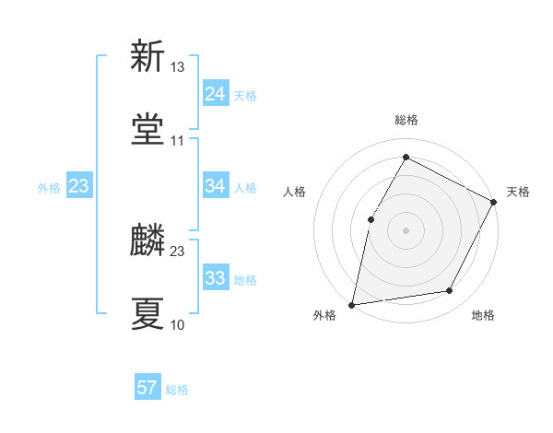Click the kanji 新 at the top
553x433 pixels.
coord(147,57)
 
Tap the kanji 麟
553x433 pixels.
coord(147,241)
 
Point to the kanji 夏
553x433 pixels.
coord(147,313)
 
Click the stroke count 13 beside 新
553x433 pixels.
coord(178,68)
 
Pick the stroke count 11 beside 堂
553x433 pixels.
coord(178,141)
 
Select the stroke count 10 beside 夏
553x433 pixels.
coord(178,324)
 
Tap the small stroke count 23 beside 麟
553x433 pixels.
coord(178,252)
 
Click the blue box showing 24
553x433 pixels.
coord(215,94)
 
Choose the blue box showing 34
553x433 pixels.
coord(215,187)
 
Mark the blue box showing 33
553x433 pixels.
coord(215,278)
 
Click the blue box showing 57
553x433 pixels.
coord(147,388)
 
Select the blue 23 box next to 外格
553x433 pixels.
coord(79,187)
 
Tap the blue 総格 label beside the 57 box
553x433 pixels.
coord(178,390)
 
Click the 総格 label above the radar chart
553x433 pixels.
coord(406,120)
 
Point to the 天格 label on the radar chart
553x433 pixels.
coord(518,192)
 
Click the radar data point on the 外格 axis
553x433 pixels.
coord(352,304)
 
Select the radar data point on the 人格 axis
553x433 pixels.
coord(371,218)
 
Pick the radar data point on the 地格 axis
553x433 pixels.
coord(450,291)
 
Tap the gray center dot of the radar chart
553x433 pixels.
coord(406,229)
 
